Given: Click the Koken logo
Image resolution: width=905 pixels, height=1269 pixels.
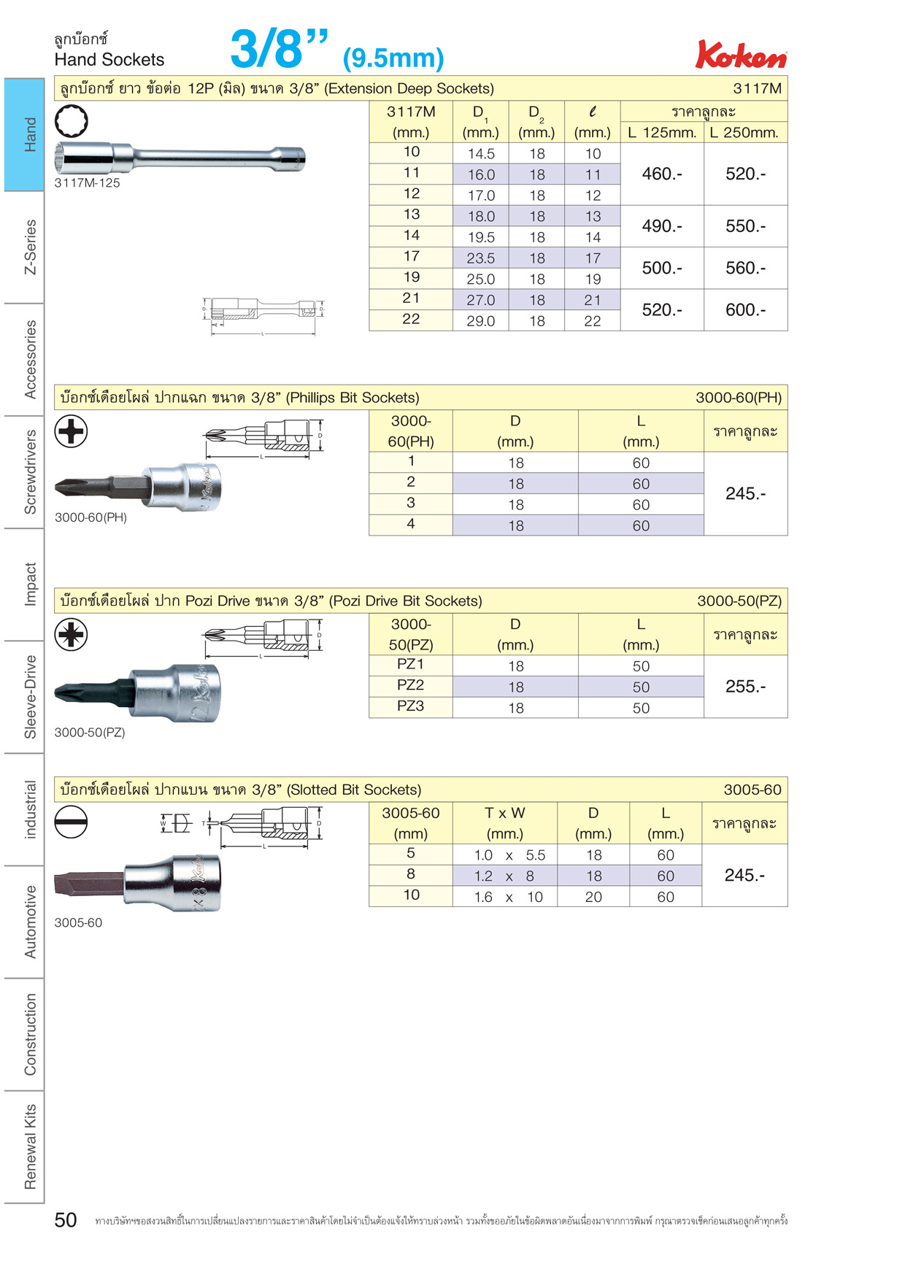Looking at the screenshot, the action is pyautogui.click(x=741, y=54).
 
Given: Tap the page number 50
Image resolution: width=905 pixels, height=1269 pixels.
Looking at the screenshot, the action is pyautogui.click(x=66, y=1220).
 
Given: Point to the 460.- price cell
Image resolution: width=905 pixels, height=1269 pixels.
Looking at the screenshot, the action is pyautogui.click(x=662, y=174).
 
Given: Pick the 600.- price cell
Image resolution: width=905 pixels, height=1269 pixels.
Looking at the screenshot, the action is pyautogui.click(x=745, y=310).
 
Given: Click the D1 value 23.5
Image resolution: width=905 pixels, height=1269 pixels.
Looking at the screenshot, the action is pyautogui.click(x=481, y=258).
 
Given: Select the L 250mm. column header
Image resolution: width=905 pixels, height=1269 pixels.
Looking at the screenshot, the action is pyautogui.click(x=744, y=133).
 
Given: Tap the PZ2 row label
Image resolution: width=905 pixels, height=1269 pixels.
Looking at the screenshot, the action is pyautogui.click(x=411, y=685).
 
